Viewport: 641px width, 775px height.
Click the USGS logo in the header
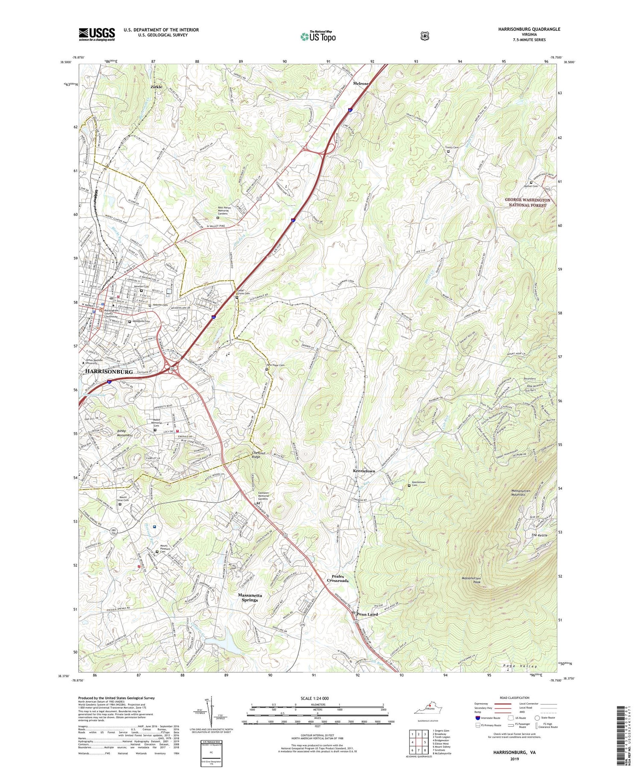click(x=97, y=34)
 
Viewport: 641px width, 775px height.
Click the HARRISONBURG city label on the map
click(x=109, y=371)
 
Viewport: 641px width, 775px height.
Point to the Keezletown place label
click(x=364, y=471)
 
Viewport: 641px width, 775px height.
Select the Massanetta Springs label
click(x=250, y=597)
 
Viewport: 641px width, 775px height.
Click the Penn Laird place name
click(x=367, y=614)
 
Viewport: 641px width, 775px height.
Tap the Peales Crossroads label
click(x=338, y=578)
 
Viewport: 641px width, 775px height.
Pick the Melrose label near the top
click(x=361, y=84)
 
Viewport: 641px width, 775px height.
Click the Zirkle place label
click(x=156, y=87)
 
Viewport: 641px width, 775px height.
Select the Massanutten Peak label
click(x=474, y=580)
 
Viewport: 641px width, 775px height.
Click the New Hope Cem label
click(x=276, y=365)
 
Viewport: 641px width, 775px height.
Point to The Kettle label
click(x=539, y=535)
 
